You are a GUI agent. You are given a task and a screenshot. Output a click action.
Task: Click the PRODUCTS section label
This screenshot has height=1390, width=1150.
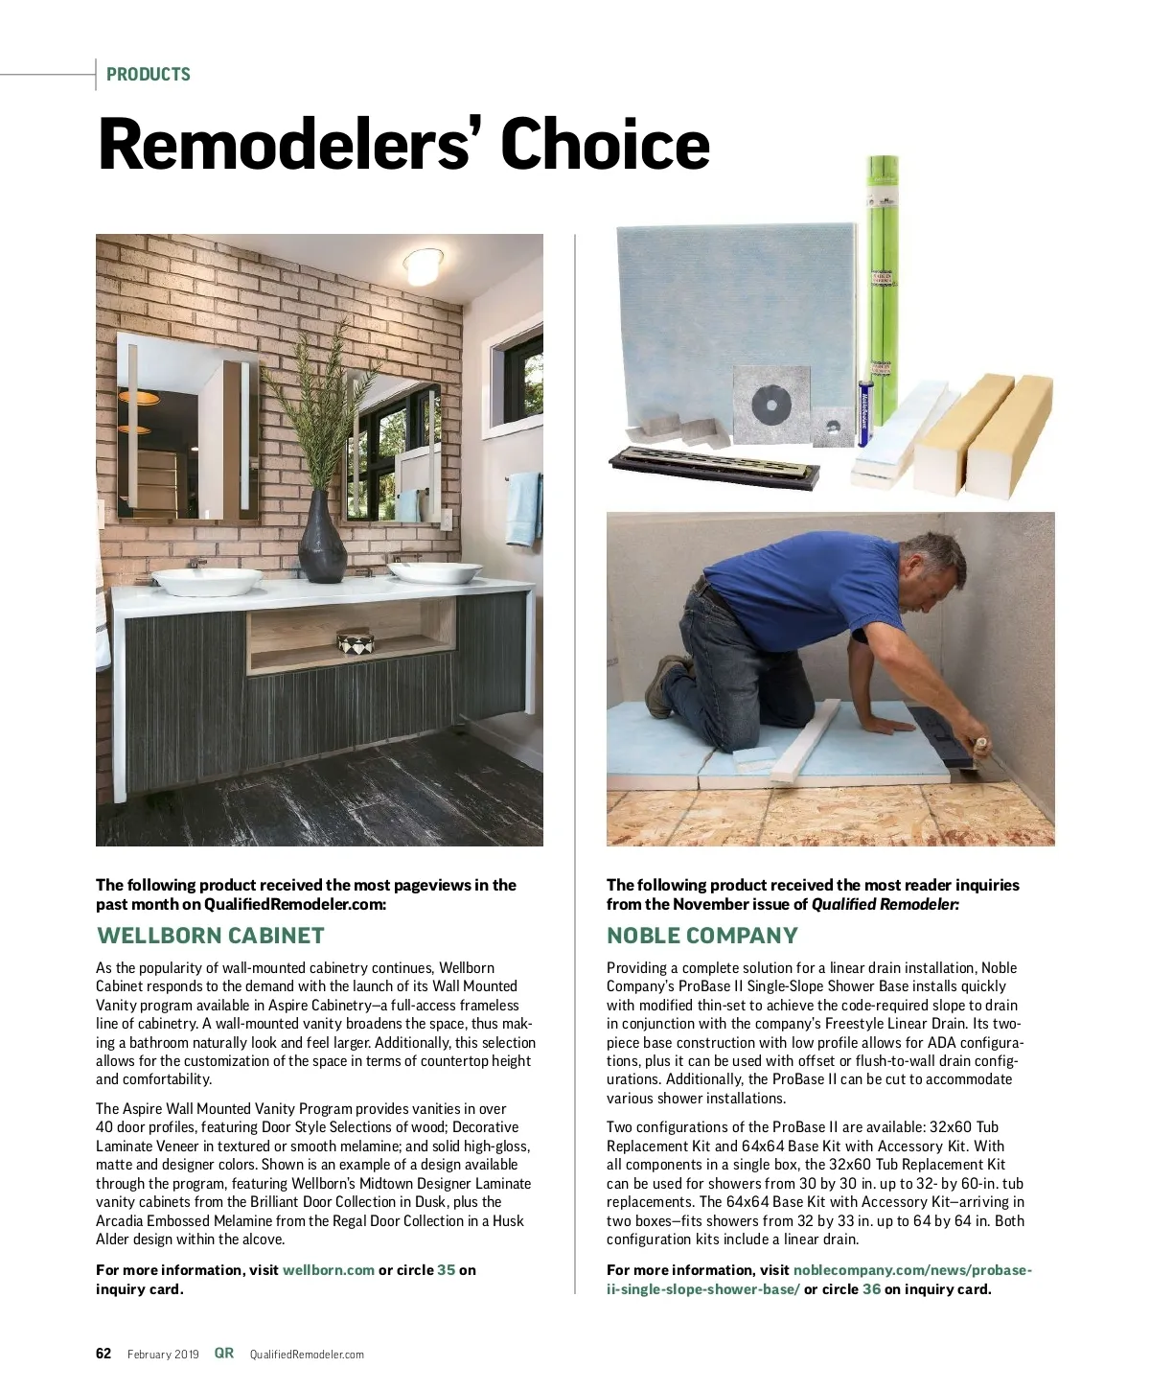pos(148,74)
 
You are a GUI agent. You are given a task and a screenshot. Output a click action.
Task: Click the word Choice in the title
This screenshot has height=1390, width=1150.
pos(605,146)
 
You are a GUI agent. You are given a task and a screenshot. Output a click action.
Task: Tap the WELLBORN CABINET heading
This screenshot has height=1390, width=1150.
pos(211,936)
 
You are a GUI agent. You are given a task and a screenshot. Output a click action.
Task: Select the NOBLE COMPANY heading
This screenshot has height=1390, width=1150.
pos(701,936)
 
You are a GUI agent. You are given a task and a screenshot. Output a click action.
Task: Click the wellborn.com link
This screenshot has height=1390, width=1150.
pos(328,1270)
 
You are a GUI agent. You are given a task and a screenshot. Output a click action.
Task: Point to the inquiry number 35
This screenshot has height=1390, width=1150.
pos(446,1270)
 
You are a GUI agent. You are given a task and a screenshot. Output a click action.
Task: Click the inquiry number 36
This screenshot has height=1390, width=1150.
pos(871,1289)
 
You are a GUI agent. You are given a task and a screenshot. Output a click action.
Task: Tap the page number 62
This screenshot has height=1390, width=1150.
pos(103,1354)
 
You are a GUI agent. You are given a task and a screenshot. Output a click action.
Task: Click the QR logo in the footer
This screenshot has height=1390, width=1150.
pos(224,1353)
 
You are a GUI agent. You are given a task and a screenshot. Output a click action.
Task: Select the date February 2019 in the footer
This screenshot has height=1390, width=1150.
pos(163,1355)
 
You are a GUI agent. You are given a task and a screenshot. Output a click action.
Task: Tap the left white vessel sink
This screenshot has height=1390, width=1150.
pos(206,580)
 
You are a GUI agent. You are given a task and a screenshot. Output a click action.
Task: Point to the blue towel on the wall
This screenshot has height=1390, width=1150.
pos(523,507)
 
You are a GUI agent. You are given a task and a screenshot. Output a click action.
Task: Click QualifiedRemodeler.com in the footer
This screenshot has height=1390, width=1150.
pos(307,1355)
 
